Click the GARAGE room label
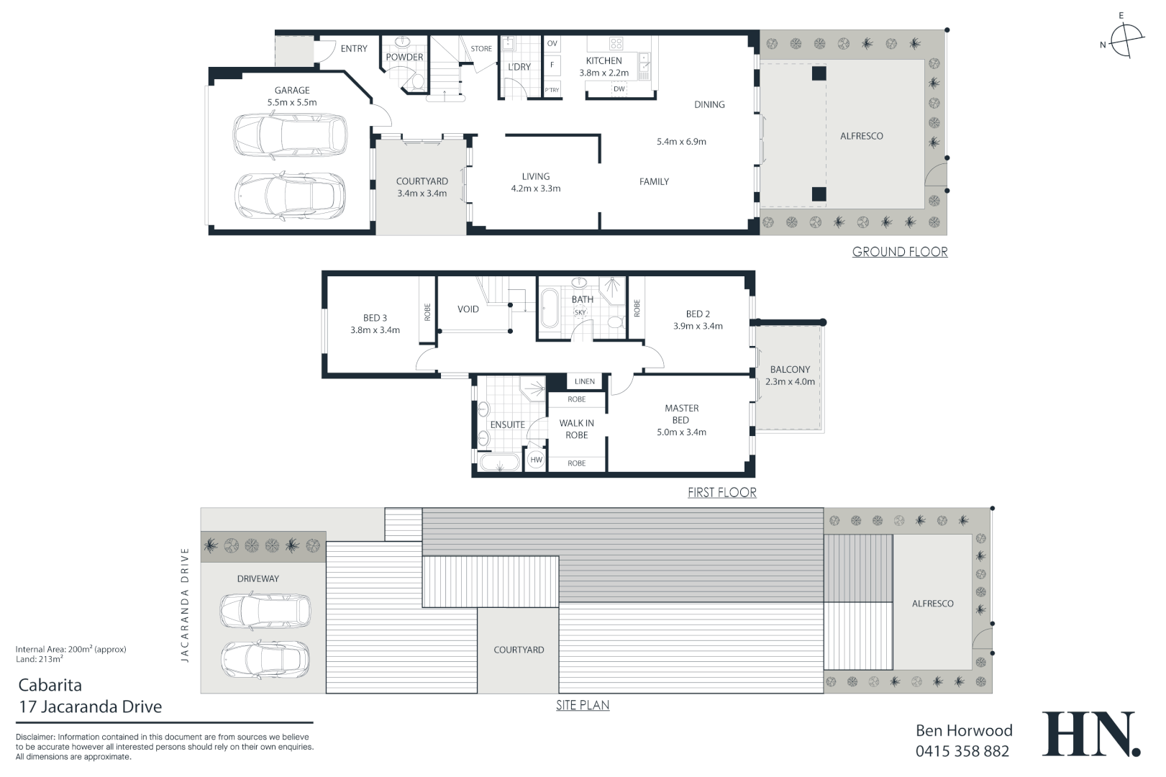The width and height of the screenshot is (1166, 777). pyautogui.click(x=292, y=90)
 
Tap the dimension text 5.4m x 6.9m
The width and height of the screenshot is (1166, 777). pyautogui.click(x=681, y=142)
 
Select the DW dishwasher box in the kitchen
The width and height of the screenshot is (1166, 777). pyautogui.click(x=619, y=89)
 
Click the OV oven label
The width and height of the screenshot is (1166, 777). pyautogui.click(x=552, y=44)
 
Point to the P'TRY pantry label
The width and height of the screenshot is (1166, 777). pyautogui.click(x=552, y=90)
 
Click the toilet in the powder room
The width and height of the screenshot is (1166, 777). pyautogui.click(x=416, y=81)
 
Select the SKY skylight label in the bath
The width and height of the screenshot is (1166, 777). pyautogui.click(x=580, y=312)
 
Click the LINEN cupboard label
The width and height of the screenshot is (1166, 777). pyautogui.click(x=584, y=381)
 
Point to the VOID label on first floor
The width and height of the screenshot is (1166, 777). pyautogui.click(x=468, y=309)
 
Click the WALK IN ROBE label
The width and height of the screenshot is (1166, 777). pyautogui.click(x=576, y=430)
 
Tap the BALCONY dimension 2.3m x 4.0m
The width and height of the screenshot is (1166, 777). pyautogui.click(x=790, y=382)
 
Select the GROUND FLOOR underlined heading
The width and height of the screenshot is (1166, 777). pyautogui.click(x=899, y=252)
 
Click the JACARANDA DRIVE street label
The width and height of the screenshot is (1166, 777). pyautogui.click(x=186, y=604)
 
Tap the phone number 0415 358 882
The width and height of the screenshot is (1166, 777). pyautogui.click(x=962, y=751)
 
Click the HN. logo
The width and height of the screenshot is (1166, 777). pyautogui.click(x=1090, y=735)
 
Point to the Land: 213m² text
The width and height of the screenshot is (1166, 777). pyautogui.click(x=40, y=659)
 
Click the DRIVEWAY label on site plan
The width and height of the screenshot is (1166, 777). pyautogui.click(x=258, y=578)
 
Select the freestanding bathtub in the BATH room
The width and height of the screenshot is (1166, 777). pyautogui.click(x=550, y=308)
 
